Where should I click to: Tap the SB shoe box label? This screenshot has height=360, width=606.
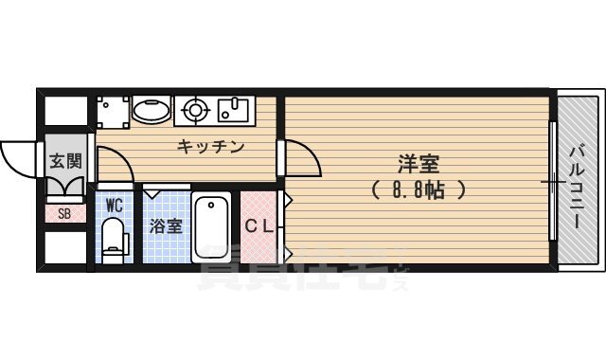coord(64,213)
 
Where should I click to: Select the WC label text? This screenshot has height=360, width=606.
coord(114,205)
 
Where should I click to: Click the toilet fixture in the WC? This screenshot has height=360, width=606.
coord(114,237)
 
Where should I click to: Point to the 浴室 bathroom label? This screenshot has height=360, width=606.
coord(165,227)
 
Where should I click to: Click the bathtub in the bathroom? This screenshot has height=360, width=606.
coord(211,228)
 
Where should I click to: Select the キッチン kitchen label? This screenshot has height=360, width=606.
coord(210,147)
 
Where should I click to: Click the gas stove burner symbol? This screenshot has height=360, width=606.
coord(195,111)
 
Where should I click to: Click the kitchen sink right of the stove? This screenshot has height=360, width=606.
coord(232,111)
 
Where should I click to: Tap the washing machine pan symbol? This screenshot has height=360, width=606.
coord(112,111)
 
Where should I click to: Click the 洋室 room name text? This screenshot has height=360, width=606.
coord(418,163)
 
